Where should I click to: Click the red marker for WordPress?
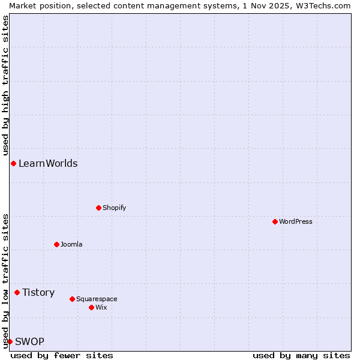click(275, 221)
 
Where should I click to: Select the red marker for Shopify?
click(98, 208)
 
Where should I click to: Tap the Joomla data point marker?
click(56, 244)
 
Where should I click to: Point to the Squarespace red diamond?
click(72, 299)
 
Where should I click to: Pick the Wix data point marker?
click(91, 307)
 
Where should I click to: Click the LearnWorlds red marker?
click(13, 163)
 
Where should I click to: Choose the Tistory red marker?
click(17, 292)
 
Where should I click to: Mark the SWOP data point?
click(10, 341)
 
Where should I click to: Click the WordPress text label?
click(296, 221)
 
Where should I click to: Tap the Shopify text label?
click(114, 208)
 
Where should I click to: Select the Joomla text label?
click(71, 244)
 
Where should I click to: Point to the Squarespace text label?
click(97, 299)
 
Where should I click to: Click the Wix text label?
click(101, 307)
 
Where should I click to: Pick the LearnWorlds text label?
click(48, 163)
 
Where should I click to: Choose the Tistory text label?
click(38, 292)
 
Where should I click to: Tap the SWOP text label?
click(29, 341)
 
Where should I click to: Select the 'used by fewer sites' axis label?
click(62, 355)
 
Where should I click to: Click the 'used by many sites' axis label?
click(301, 355)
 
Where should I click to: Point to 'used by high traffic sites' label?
click(5, 84)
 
